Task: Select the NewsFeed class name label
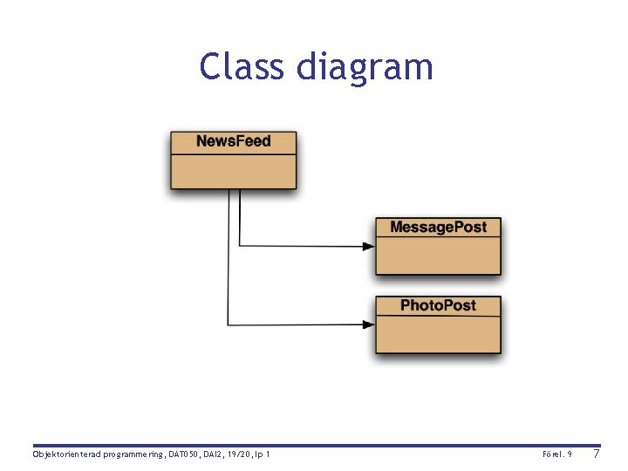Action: tap(233, 141)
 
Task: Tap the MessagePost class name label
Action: tap(438, 228)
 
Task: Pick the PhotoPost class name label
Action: tap(438, 305)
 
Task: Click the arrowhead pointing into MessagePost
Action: tap(369, 246)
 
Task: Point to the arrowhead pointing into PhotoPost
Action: tap(369, 324)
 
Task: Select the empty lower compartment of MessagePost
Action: tap(438, 256)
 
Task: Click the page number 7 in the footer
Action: tap(596, 454)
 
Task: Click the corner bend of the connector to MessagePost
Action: tap(239, 246)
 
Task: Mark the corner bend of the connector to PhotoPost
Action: tap(228, 324)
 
